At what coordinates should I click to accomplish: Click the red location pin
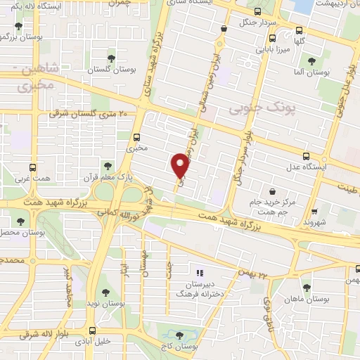180,165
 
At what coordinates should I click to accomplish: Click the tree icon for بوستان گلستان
110,58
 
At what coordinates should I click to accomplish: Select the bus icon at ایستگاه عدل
306,156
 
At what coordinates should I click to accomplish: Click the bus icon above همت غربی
33,168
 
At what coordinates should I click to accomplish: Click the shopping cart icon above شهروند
314,210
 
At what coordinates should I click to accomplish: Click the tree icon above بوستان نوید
105,292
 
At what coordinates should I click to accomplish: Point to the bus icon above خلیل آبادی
93,330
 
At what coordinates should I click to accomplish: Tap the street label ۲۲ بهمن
255,274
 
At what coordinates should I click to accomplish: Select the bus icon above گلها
300,30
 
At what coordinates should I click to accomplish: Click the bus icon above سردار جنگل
257,11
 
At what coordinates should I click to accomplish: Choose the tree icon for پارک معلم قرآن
107,167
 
